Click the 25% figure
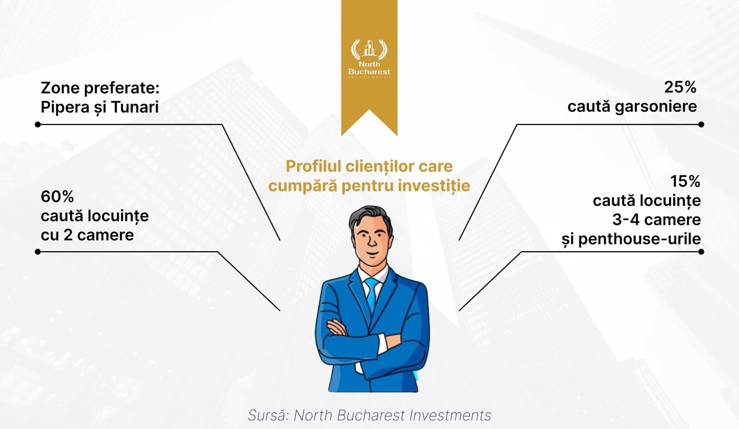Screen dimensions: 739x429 pos(680,87)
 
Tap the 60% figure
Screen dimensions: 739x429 pos(57,197)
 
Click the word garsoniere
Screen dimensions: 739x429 pos(656,107)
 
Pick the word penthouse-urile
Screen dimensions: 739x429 pos(640,239)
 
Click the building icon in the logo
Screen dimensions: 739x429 pos(369,48)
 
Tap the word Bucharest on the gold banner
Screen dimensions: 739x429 pos(369,72)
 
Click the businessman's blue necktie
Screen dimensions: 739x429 pos(372,296)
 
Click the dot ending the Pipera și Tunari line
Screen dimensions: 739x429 pos(38,125)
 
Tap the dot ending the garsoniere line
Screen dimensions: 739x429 pos(701,125)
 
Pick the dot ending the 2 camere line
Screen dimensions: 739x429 pos(38,251)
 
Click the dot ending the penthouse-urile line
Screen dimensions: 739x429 pos(701,251)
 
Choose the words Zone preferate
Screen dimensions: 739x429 pos(100,88)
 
